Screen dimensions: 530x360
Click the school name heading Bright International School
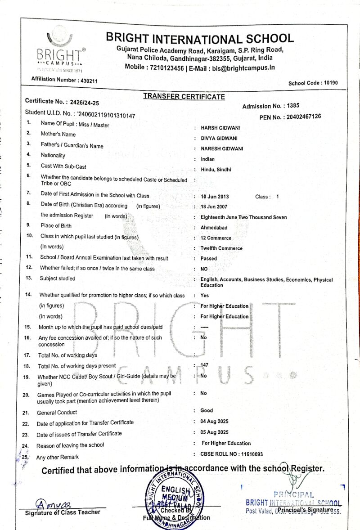200,38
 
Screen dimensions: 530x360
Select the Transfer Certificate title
184,96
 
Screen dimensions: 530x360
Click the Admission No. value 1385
292,106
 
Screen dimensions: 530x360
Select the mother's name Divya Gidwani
219,138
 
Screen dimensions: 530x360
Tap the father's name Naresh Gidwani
222,149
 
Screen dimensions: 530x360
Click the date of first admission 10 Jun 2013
215,197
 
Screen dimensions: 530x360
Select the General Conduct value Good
207,410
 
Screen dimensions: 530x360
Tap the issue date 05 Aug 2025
215,432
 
